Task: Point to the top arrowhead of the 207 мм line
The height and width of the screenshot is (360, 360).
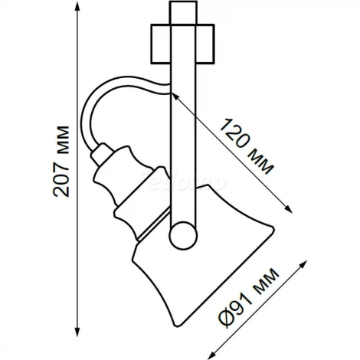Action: [81, 9]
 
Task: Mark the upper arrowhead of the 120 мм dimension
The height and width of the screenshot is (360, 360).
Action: [177, 96]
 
